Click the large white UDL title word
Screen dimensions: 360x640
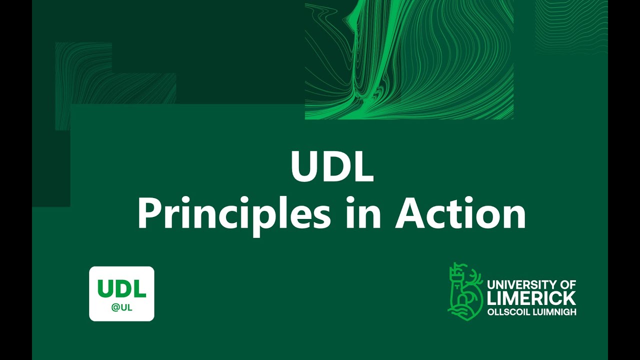[331, 168]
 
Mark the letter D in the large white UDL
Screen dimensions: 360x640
[331, 168]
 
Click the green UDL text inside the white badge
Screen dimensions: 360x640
[121, 288]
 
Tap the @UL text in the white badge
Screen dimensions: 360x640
[122, 307]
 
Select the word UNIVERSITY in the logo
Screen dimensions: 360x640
[520, 285]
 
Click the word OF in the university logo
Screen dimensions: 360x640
[567, 285]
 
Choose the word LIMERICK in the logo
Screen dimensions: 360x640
[531, 298]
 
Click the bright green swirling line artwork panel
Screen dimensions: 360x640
[409, 60]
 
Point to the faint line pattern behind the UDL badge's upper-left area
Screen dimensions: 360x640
[115, 85]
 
